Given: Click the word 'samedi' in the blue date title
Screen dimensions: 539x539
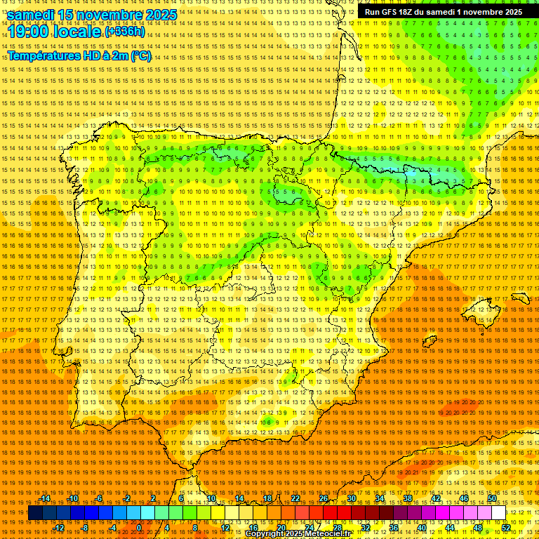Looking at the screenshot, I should [x=32, y=14].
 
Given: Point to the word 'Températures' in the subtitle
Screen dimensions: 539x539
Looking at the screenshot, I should [x=44, y=56].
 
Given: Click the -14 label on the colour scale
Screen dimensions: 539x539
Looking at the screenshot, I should [x=45, y=498].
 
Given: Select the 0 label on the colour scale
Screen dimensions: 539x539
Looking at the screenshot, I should [x=139, y=528].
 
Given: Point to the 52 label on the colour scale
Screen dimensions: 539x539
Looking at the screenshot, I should [x=506, y=528].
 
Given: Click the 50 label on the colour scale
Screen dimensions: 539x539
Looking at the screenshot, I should [x=492, y=498].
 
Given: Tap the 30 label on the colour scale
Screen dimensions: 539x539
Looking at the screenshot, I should [x=351, y=498].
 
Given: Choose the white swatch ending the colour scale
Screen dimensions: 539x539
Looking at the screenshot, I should [x=499, y=513].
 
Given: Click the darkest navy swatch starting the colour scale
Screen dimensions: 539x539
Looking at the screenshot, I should [x=35, y=513].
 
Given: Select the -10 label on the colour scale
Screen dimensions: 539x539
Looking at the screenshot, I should [x=73, y=498].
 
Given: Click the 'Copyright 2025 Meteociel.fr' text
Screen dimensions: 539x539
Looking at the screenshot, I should [x=298, y=534].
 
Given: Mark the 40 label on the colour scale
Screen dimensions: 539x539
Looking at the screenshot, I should [x=422, y=528].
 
